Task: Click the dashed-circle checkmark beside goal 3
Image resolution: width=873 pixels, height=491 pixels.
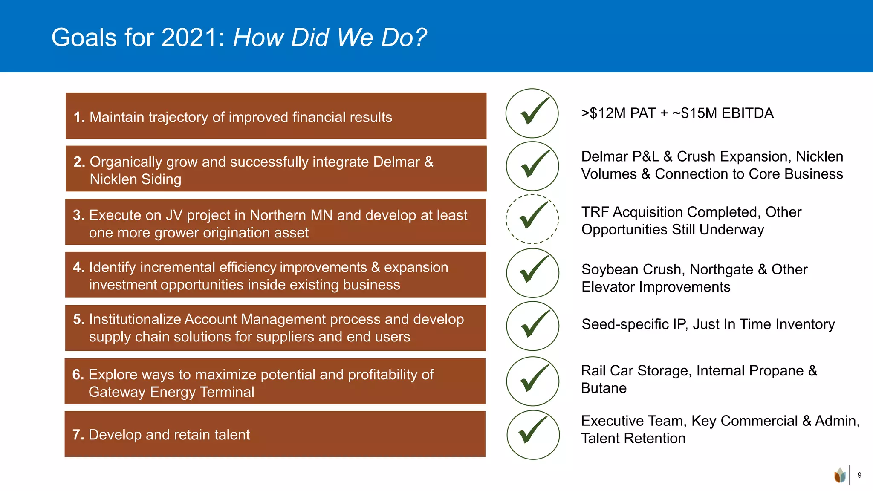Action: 532,219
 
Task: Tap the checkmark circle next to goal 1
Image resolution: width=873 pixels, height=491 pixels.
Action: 532,113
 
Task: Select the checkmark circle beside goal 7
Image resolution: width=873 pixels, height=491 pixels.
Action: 533,434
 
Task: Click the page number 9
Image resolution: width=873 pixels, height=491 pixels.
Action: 859,475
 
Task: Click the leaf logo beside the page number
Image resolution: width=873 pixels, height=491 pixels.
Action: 840,475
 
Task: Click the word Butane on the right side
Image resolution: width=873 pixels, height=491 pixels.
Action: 604,388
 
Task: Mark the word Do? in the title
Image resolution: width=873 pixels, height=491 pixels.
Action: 403,38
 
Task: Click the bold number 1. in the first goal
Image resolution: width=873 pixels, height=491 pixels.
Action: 79,117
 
